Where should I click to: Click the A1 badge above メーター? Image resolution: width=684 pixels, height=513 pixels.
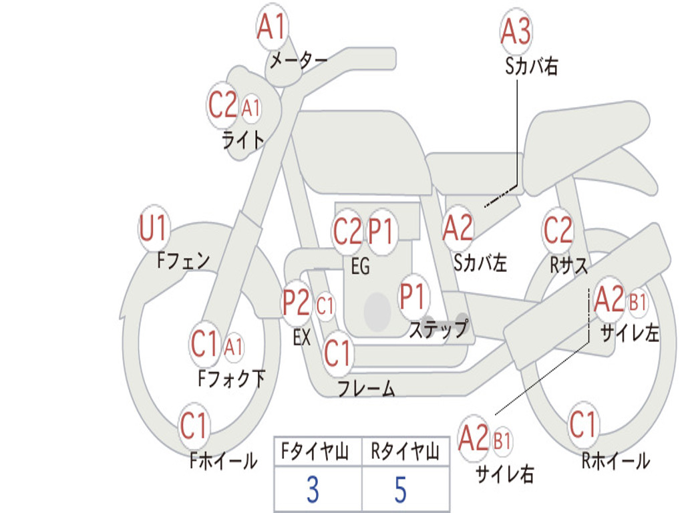272,27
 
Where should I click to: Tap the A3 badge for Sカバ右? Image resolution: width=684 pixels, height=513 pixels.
516,31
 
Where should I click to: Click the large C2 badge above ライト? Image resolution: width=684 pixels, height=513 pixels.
222,105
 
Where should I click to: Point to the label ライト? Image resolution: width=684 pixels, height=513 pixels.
243,140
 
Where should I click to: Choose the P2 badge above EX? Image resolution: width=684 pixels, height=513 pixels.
297,303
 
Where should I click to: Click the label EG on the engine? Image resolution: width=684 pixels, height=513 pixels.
360,266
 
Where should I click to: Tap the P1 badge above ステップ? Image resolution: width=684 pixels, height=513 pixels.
413,296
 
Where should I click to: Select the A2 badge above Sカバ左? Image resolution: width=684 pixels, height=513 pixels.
458,228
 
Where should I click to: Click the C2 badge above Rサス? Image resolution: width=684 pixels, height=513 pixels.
558,229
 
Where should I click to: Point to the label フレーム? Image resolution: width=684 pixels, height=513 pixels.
367,388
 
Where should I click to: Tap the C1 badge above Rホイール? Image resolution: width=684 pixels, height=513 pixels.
582,423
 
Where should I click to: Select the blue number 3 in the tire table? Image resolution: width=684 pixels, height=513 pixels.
313,490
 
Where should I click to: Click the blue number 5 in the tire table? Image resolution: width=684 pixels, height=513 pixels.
401,490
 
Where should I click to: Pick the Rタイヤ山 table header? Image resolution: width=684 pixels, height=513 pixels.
405,451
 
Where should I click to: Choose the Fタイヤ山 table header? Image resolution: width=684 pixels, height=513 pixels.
315,451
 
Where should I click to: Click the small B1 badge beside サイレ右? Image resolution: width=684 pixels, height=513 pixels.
502,441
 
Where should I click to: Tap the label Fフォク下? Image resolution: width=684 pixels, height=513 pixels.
231,378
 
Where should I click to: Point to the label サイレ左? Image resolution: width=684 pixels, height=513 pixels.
629,333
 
